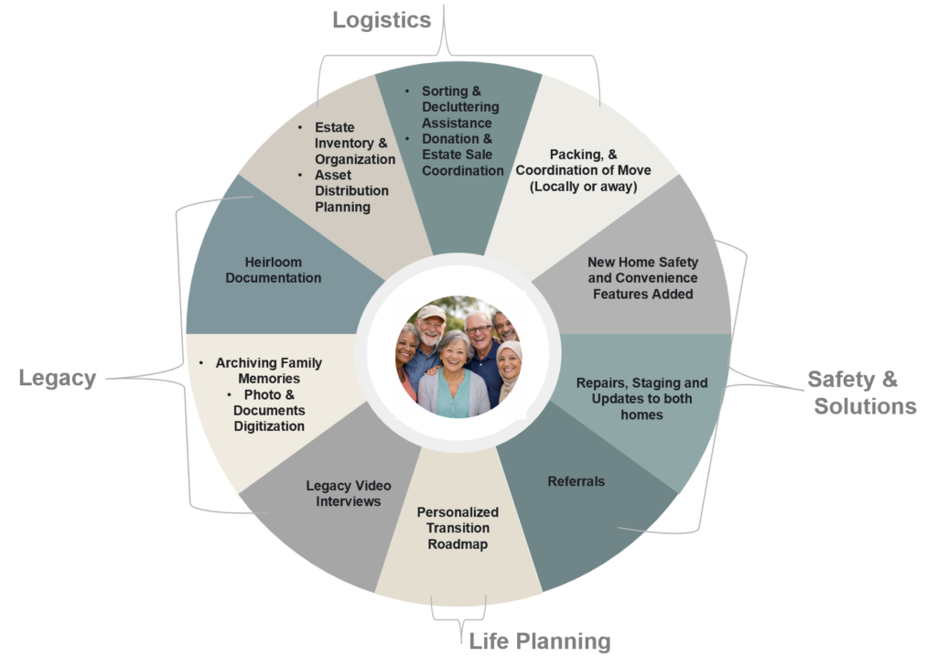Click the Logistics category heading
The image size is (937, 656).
[382, 20]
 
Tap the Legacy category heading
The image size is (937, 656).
[57, 378]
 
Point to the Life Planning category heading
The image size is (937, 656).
[539, 640]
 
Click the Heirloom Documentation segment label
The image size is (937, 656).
[274, 270]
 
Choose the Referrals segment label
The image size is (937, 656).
[576, 481]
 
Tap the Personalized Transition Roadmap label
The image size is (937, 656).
[458, 528]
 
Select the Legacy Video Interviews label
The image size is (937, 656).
[343, 493]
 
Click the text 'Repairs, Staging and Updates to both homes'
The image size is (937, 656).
[641, 399]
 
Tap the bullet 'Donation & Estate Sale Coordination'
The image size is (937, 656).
[462, 155]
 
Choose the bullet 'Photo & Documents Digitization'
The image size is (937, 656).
[267, 410]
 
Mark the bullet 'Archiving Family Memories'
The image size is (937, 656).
[268, 371]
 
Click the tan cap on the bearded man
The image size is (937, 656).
[430, 313]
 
